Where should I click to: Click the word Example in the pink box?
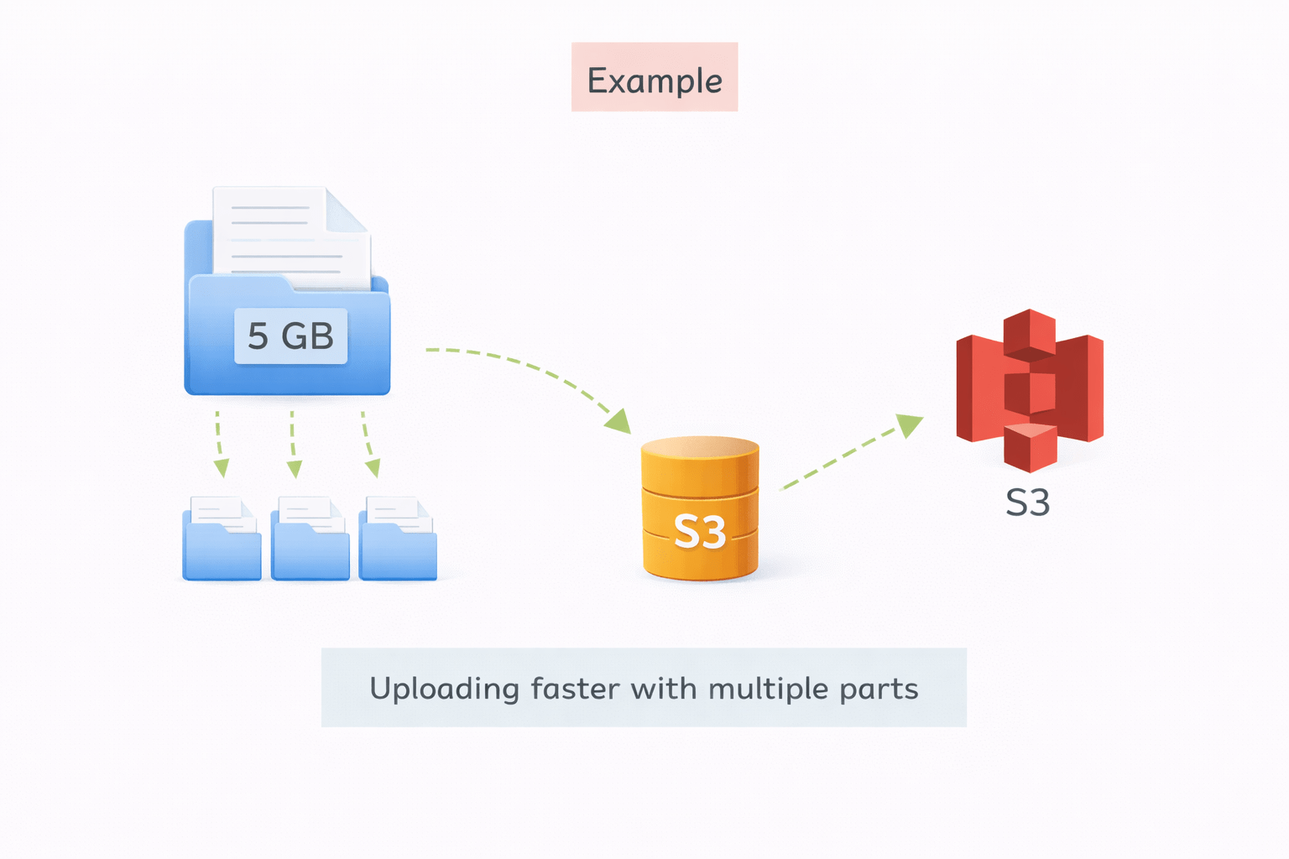pos(655,81)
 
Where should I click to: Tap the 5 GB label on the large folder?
pos(290,336)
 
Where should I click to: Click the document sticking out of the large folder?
pos(290,235)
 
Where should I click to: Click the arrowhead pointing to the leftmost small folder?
pos(222,468)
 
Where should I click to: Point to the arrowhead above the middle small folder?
pos(294,468)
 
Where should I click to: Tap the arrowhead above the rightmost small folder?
pos(373,468)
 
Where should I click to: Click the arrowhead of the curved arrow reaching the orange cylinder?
pos(619,421)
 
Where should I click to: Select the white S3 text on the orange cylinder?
pos(700,532)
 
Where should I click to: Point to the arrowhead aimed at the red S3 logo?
pos(909,424)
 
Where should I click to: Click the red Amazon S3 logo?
pos(1030,390)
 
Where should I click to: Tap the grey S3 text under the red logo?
pos(1028,502)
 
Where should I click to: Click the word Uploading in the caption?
pos(445,690)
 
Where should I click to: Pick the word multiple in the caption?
pos(768,690)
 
